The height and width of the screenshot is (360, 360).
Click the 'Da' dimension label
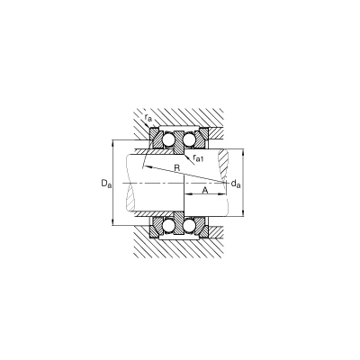pyautogui.click(x=106, y=183)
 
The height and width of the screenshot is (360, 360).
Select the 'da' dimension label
pyautogui.click(x=236, y=184)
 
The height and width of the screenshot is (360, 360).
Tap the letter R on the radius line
pyautogui.click(x=177, y=168)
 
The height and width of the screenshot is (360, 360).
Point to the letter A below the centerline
pyautogui.click(x=205, y=190)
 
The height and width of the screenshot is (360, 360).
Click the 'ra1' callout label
pyautogui.click(x=198, y=157)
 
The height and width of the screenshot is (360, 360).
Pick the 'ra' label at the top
pyautogui.click(x=148, y=118)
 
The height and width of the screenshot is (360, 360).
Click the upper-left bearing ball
pyautogui.click(x=167, y=139)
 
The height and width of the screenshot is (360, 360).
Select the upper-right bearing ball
pyautogui.click(x=190, y=139)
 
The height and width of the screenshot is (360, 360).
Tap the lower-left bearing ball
pyautogui.click(x=167, y=226)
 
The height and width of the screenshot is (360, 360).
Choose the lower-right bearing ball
pyautogui.click(x=190, y=226)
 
